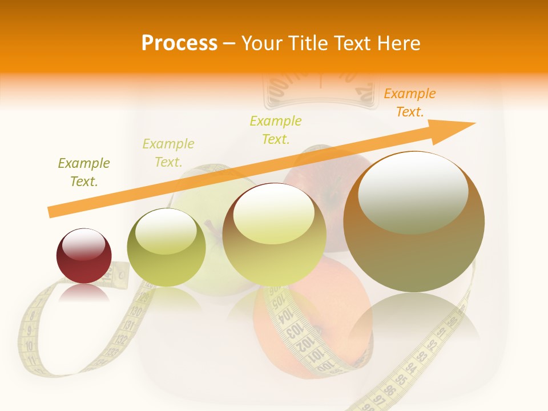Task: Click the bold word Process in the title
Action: [179, 43]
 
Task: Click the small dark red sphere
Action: [84, 256]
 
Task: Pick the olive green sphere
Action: [166, 247]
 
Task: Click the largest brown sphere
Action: [414, 221]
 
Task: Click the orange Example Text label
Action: [409, 103]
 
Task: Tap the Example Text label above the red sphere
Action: [83, 172]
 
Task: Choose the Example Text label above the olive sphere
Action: [168, 153]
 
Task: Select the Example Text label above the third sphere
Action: [276, 130]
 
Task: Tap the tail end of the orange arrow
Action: [50, 212]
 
